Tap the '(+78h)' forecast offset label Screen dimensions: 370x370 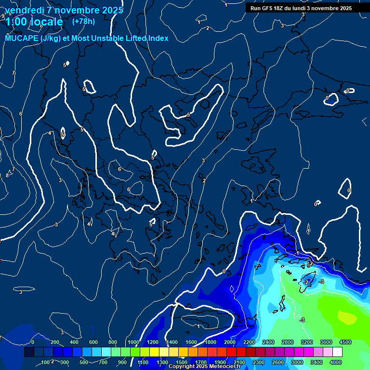(x=83, y=22)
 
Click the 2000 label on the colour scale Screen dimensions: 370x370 (x=230, y=342)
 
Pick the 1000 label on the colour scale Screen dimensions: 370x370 (x=133, y=342)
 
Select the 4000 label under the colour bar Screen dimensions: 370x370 (x=336, y=362)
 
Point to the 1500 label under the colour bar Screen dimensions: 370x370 (x=182, y=362)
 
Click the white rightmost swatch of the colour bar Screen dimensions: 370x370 (x=337, y=352)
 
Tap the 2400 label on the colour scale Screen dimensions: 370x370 (x=268, y=342)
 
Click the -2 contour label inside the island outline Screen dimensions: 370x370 (x=307, y=282)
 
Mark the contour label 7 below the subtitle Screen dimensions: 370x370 (x=13, y=73)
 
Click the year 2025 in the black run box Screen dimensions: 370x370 (x=345, y=8)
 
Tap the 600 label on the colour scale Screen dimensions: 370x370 (x=93, y=342)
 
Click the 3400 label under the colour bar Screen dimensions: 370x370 (x=317, y=362)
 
